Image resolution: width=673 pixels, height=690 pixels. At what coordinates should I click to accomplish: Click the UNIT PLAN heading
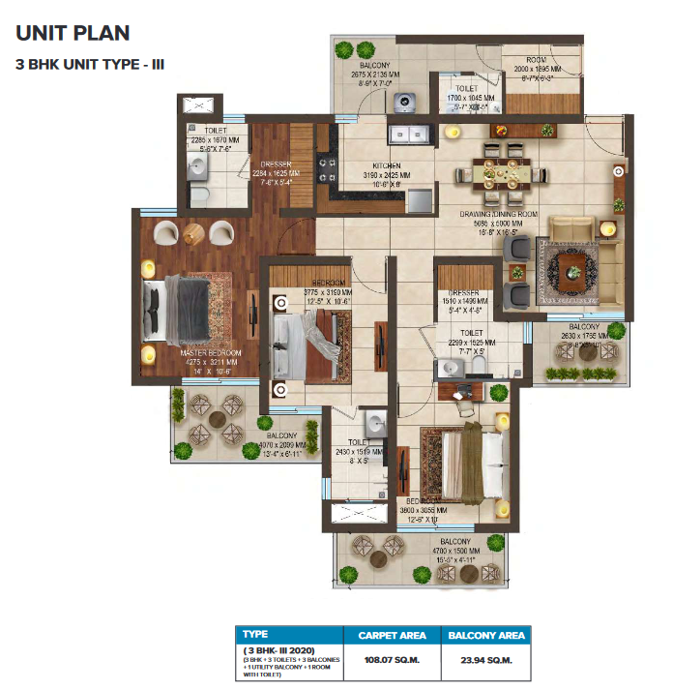(x=73, y=34)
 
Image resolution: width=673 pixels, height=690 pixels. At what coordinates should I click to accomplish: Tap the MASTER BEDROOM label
(x=210, y=354)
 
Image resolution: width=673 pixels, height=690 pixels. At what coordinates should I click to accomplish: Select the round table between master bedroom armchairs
(x=193, y=232)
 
